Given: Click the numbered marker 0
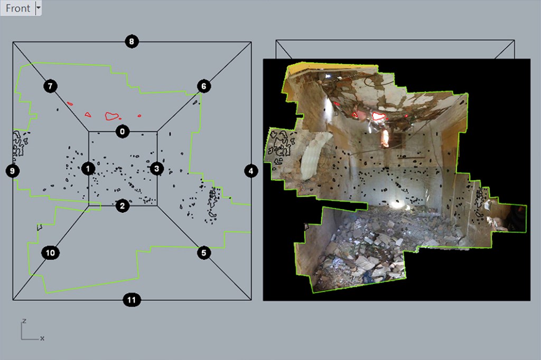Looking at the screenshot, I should click(122, 131).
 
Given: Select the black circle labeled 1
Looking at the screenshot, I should click(88, 168).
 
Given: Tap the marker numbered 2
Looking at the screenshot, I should click(122, 206).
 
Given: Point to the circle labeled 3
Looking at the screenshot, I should click(156, 168).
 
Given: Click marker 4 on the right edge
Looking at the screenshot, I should click(251, 170).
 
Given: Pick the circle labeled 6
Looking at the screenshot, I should click(204, 86).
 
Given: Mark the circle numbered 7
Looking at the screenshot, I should click(50, 86).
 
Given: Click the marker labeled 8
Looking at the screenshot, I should click(132, 41).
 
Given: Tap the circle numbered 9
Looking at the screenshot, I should click(12, 170).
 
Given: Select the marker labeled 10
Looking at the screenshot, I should click(50, 253).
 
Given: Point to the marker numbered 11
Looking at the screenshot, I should click(132, 300).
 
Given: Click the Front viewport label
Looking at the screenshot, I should click(17, 8).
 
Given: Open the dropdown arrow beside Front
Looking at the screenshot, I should click(38, 8).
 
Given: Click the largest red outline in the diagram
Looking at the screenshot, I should click(111, 116).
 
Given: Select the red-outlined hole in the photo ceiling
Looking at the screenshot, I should click(378, 116).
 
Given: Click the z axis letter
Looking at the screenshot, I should click(24, 321).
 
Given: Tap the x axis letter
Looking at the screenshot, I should click(42, 338).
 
